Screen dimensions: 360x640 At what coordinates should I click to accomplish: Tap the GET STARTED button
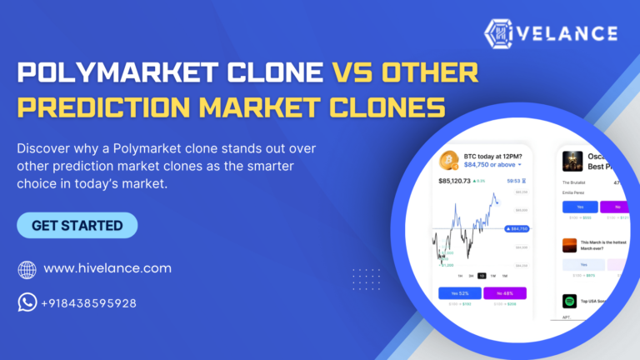[77, 225]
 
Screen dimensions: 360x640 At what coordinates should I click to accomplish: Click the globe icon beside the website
[27, 269]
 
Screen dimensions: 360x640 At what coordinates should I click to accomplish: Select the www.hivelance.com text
[107, 268]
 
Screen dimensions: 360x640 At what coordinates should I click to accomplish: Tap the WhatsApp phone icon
[27, 302]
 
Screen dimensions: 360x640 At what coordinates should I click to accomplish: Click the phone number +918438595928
[88, 303]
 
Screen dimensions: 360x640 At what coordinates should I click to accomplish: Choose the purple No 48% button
[505, 292]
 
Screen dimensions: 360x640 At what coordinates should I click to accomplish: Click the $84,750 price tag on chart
[517, 227]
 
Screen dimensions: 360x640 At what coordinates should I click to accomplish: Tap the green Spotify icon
[569, 301]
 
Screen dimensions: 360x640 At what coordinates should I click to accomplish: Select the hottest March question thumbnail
[569, 245]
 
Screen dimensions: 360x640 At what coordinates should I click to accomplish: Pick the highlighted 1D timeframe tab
[482, 276]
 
